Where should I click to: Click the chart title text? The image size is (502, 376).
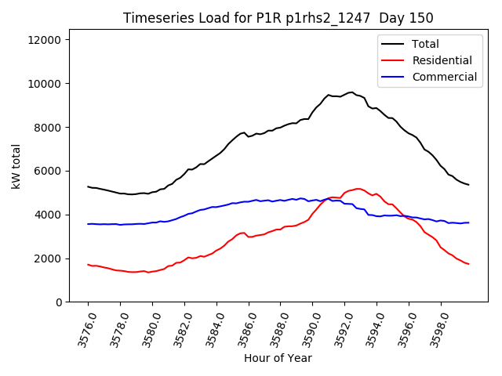point(278,17)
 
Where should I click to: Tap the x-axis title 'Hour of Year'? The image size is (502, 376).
point(278,358)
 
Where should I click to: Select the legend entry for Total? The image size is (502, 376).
point(426,44)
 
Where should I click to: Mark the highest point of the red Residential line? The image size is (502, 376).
point(358,189)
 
